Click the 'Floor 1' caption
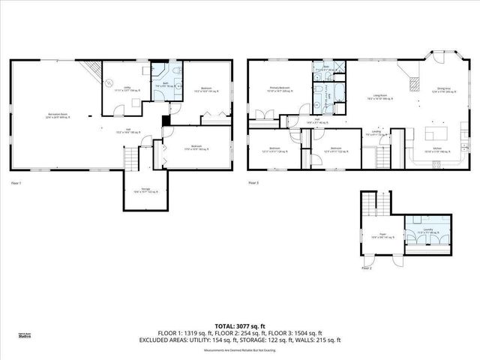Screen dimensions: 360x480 [x=16, y=183]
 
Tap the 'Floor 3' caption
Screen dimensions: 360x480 [x=253, y=183]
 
